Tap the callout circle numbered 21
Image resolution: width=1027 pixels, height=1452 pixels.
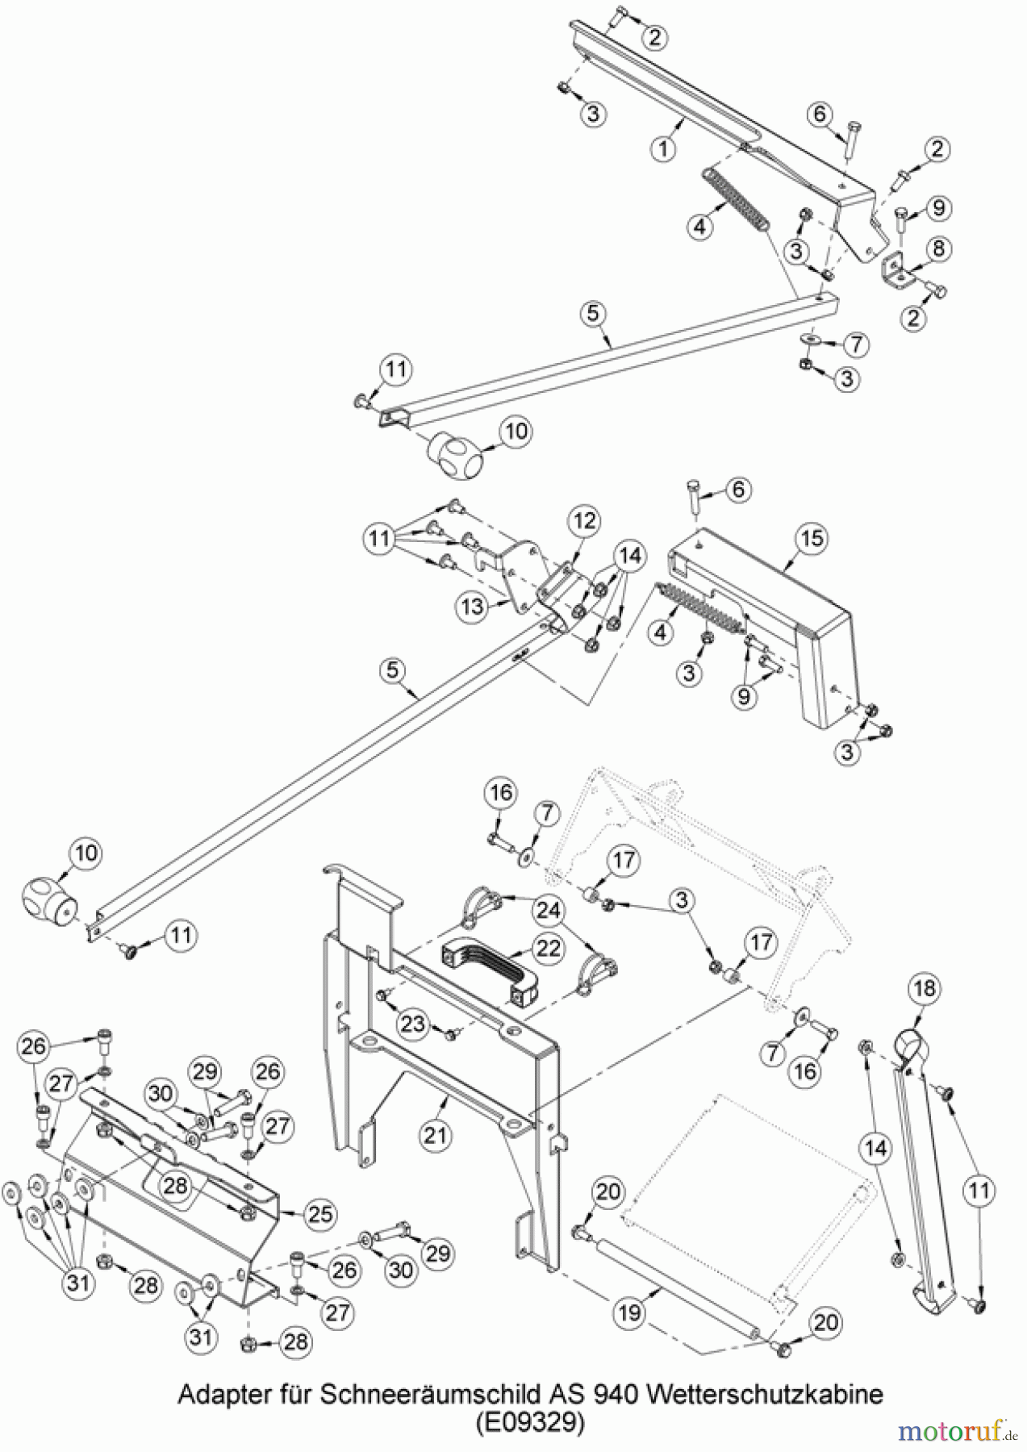point(436,1136)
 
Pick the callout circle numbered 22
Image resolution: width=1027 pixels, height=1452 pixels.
point(549,949)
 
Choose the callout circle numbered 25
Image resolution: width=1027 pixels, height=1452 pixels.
point(321,1215)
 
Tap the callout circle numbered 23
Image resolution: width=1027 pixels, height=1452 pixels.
point(412,1024)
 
